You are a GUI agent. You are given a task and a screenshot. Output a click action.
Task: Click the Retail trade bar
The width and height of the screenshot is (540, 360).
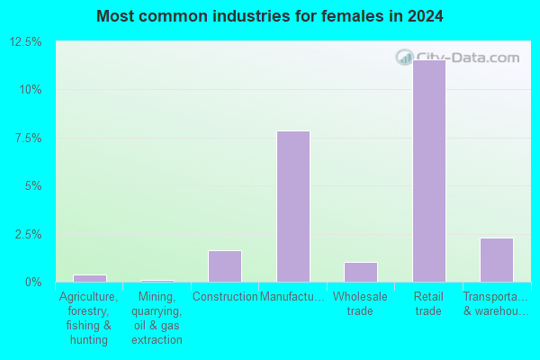coord(429,171)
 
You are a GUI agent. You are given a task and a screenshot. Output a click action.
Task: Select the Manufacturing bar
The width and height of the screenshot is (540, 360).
coord(293,207)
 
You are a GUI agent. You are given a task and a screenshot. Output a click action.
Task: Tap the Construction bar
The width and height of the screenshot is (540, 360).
coord(225,266)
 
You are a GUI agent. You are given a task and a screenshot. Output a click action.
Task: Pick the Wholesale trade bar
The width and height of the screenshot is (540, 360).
coord(361,272)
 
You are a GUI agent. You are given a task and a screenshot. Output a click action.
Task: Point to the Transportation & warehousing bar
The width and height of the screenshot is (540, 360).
coord(497,260)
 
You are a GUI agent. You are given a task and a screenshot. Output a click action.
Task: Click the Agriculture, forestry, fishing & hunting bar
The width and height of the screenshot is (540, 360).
coord(90,278)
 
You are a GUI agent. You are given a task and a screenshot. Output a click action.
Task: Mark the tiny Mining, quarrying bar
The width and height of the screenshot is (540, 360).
coord(157,281)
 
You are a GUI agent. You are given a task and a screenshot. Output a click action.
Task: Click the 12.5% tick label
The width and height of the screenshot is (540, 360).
coord(25,42)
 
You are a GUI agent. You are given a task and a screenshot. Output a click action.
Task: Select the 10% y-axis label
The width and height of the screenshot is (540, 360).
coord(31,90)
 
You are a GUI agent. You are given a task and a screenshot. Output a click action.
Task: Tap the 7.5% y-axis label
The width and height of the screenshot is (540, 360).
coord(28,138)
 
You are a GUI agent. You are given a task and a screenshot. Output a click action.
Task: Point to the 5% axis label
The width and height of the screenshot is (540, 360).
coord(33,186)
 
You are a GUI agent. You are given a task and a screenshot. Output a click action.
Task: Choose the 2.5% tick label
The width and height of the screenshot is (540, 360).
coord(28,234)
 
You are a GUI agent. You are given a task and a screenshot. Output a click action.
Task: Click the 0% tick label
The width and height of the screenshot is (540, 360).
coord(33,282)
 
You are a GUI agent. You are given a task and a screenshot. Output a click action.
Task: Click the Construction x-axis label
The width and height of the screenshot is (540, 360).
coord(225,296)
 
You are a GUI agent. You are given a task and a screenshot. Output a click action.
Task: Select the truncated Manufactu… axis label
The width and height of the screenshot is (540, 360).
coord(292,296)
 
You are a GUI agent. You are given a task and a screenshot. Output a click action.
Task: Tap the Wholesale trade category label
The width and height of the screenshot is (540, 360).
coord(360,303)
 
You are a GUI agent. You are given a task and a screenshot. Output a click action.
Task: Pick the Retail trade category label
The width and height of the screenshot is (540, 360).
coord(428,303)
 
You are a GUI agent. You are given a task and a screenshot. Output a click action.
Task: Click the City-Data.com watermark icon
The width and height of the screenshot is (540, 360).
coord(405,58)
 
